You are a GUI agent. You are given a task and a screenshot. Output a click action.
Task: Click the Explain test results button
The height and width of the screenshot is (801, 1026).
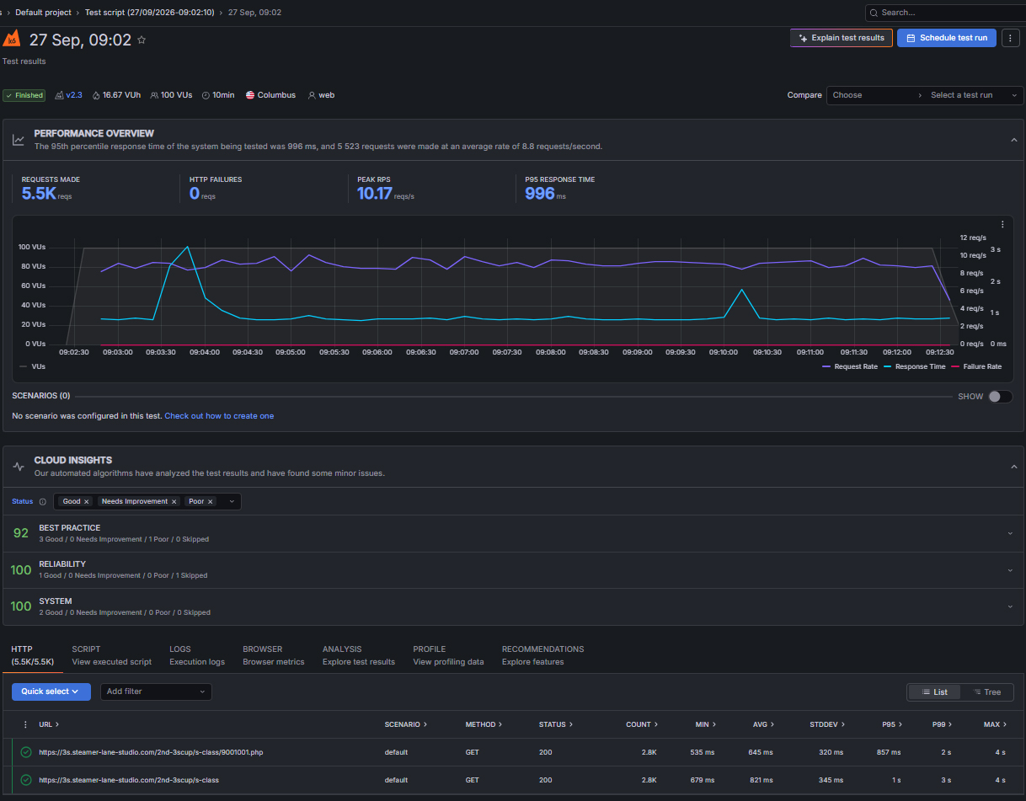tap(841, 38)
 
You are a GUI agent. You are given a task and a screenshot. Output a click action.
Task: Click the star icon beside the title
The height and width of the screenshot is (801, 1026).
tap(142, 40)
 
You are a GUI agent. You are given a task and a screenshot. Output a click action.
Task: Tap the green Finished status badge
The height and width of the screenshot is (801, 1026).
tap(24, 95)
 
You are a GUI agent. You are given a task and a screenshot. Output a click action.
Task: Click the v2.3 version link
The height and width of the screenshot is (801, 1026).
tap(73, 95)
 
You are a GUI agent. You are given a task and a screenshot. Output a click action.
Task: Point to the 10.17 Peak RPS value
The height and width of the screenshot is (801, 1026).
tap(374, 194)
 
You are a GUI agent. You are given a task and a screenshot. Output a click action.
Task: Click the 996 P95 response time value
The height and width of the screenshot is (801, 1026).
tap(540, 194)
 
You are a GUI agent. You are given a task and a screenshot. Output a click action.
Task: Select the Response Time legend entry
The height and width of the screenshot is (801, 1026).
tap(915, 366)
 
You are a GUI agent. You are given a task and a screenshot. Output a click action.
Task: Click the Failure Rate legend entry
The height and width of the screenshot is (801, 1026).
tap(976, 366)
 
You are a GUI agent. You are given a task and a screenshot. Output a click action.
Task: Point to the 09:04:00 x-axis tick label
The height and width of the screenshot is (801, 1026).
tap(205, 352)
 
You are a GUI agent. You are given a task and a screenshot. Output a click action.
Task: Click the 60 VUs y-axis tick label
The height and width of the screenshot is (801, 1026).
tap(33, 286)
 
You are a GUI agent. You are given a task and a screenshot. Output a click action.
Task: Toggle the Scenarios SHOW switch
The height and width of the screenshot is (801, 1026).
tap(1000, 397)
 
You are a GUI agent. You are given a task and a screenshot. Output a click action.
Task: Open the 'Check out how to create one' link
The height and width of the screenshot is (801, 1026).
tap(219, 416)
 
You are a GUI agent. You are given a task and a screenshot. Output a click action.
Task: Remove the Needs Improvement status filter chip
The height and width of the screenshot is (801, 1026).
tap(174, 502)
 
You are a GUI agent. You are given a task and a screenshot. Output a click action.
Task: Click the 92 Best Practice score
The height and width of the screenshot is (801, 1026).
tap(21, 533)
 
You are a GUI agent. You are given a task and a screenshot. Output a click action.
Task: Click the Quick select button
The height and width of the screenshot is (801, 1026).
tap(51, 692)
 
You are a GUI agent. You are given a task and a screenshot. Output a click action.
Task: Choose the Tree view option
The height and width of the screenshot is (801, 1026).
tap(987, 692)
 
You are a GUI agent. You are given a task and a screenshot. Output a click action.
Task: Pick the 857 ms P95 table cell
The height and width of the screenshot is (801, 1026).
tap(889, 752)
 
